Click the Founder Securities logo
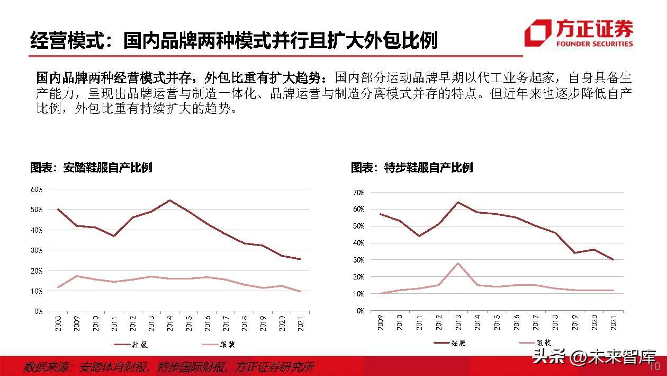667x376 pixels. tap(579, 33)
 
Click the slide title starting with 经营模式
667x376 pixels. tap(233, 40)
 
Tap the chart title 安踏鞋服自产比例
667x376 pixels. tap(91, 168)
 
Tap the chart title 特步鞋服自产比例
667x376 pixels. tap(412, 168)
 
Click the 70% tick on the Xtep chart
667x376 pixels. tap(358, 192)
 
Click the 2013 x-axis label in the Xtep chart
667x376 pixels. tap(458, 323)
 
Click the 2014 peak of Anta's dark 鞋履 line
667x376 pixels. tap(169, 200)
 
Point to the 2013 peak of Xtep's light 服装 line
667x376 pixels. tap(458, 263)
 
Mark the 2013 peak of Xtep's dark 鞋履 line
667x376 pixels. tap(458, 202)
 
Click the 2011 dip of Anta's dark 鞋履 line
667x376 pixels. tap(114, 235)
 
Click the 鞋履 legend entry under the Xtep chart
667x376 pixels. tap(450, 343)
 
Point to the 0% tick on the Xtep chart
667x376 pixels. tap(360, 311)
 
